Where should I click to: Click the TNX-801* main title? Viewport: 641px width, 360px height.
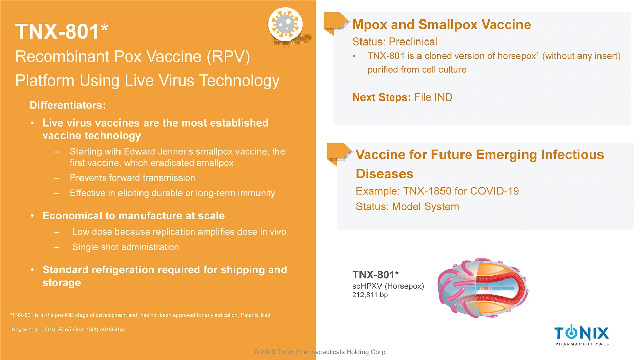click(62, 31)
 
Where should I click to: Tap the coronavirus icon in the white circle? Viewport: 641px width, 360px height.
click(285, 24)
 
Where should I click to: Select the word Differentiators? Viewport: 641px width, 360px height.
click(68, 105)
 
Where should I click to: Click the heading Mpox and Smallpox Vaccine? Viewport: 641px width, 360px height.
click(442, 25)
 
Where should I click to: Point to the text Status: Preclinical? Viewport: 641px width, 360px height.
click(395, 42)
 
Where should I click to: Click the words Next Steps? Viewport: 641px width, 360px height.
click(382, 97)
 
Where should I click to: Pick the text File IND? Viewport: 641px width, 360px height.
click(433, 97)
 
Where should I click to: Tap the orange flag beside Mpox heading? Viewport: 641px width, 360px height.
click(335, 23)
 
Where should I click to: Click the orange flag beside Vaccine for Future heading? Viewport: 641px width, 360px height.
click(338, 154)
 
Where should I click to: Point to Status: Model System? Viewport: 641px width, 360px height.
click(408, 207)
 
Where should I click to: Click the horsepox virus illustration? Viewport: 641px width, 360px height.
click(483, 288)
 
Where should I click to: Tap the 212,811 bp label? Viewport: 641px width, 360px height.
click(370, 295)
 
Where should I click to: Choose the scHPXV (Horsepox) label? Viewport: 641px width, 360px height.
click(388, 286)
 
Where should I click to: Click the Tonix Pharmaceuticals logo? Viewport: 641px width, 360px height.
click(582, 335)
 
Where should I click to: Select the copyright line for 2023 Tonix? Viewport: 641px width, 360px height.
click(320, 352)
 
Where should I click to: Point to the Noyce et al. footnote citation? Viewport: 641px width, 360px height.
click(68, 330)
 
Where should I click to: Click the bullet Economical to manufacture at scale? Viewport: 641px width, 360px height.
click(133, 216)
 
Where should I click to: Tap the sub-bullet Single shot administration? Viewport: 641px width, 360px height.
click(126, 247)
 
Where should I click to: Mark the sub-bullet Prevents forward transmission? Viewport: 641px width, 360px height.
click(132, 178)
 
